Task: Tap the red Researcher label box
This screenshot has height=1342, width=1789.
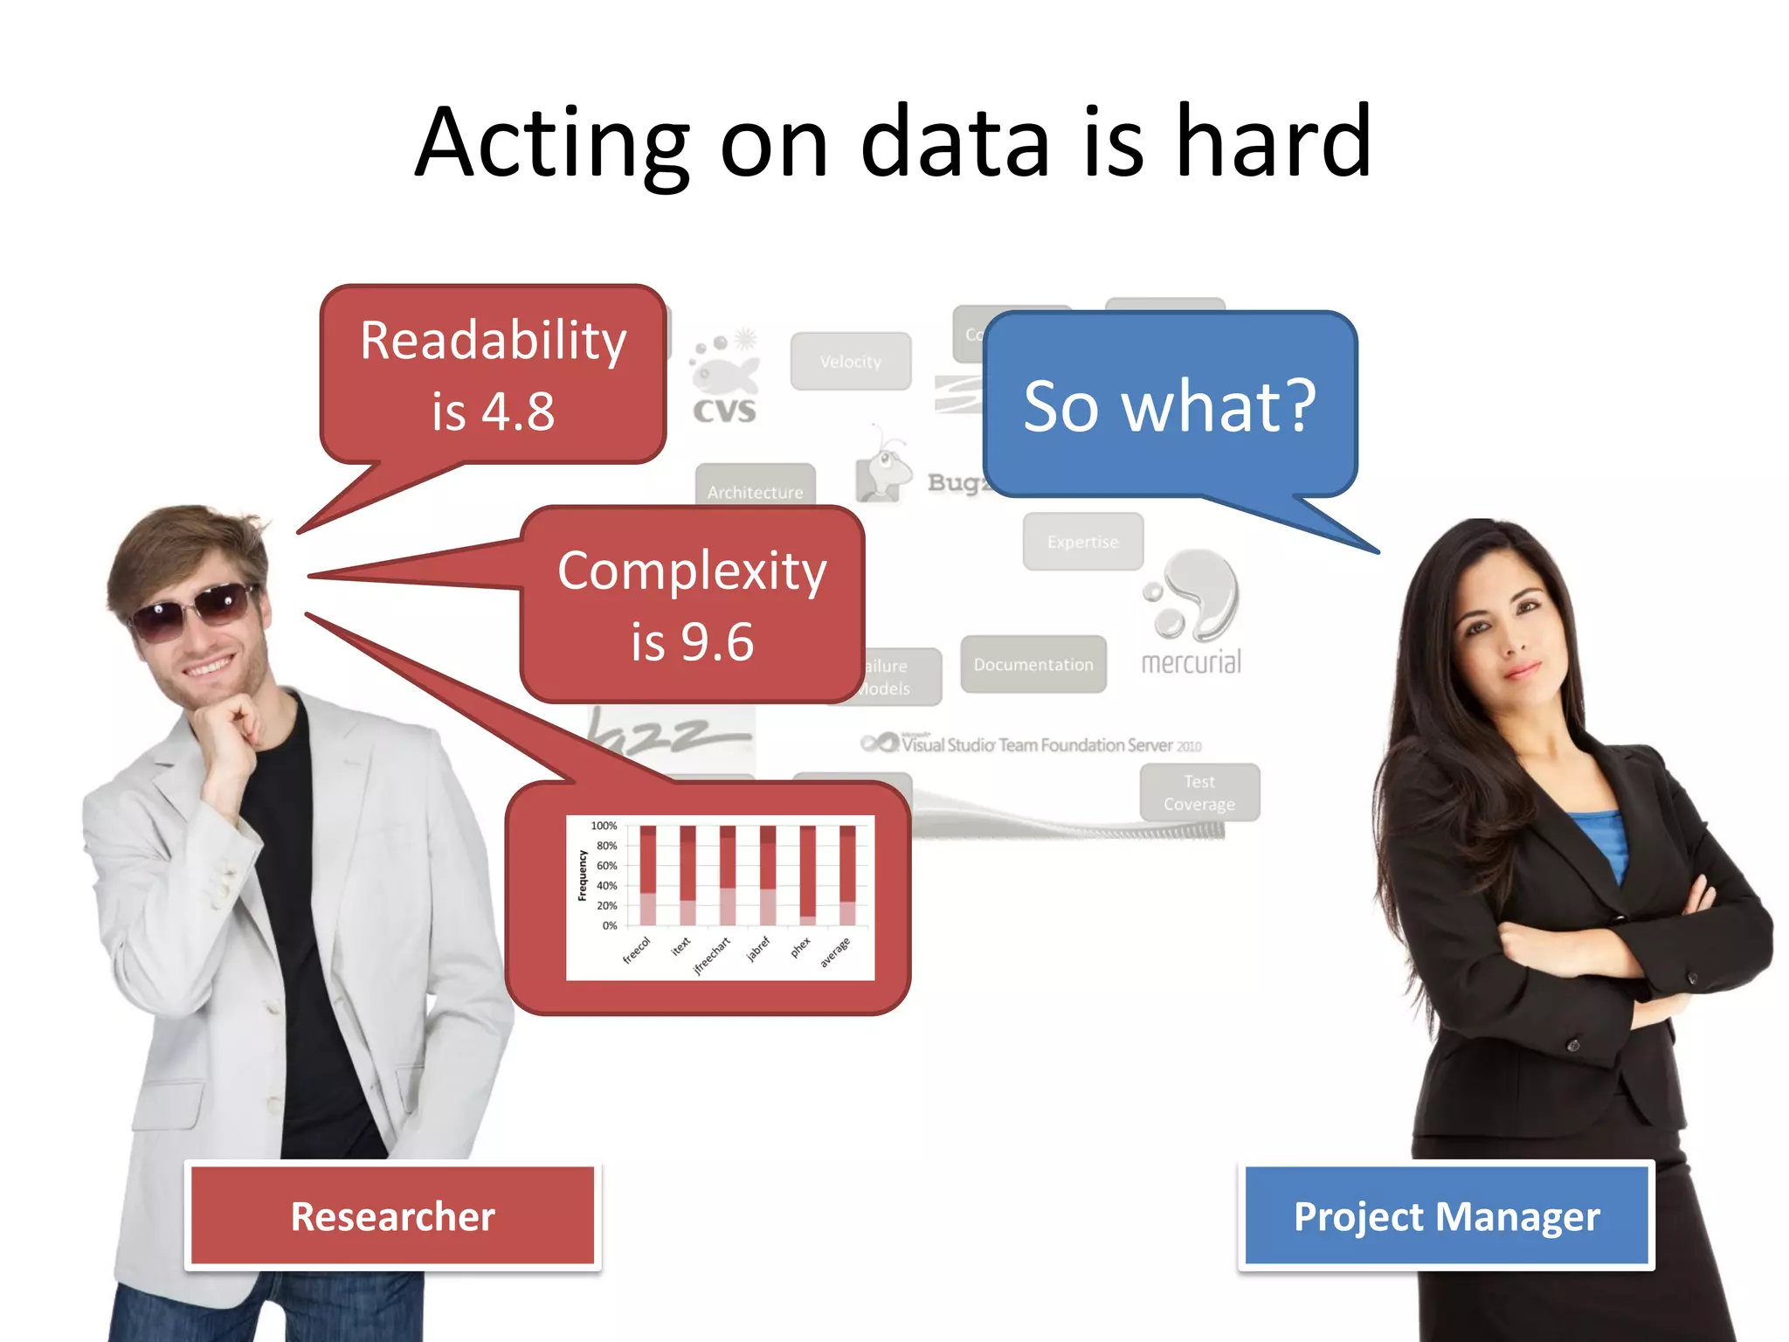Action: [x=392, y=1215]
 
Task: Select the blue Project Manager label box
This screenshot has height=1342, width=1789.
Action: [x=1446, y=1215]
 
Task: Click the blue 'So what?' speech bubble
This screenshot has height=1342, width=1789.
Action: [x=1170, y=405]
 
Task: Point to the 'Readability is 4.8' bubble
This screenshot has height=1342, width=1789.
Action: [x=494, y=375]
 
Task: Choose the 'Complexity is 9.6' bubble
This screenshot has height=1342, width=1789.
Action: [x=692, y=605]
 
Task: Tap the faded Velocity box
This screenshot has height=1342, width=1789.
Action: [x=851, y=361]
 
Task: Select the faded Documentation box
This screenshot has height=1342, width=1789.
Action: [x=1033, y=664]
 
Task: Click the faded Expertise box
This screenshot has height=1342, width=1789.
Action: [x=1082, y=542]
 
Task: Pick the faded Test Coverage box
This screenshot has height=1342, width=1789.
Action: [x=1199, y=792]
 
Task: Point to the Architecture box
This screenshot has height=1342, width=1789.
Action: [x=755, y=489]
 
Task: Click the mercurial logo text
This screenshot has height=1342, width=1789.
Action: [x=1191, y=662]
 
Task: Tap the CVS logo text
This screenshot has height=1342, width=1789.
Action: [x=724, y=411]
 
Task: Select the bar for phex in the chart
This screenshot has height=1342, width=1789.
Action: [x=807, y=875]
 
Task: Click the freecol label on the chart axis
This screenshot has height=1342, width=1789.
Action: [x=637, y=951]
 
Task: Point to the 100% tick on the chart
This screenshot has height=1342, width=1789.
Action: [x=604, y=826]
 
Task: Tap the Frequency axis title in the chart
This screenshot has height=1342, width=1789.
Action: [x=582, y=875]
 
